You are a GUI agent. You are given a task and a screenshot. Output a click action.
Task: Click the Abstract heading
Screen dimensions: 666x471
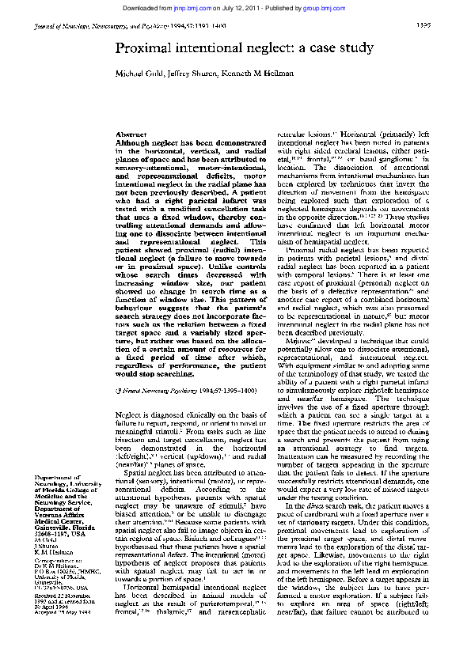[x=131, y=136]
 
